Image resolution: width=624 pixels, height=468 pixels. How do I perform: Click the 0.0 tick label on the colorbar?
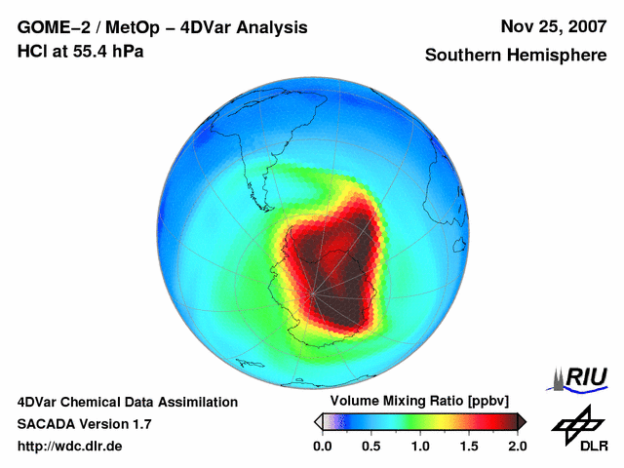(x=322, y=446)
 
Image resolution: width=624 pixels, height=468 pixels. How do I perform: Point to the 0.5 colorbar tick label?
(x=370, y=446)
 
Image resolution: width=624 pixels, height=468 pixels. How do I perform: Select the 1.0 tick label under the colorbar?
(x=419, y=446)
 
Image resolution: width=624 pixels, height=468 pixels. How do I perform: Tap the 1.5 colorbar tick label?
(x=468, y=446)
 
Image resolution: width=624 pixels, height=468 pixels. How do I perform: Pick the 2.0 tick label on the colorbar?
(x=517, y=446)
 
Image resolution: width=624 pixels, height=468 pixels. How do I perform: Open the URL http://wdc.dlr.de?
(x=70, y=446)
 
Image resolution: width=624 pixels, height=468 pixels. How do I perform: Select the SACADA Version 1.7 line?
(x=84, y=424)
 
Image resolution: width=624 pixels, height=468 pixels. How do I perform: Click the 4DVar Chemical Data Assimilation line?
(x=127, y=402)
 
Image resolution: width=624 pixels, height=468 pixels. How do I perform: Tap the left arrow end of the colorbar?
(x=318, y=421)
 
